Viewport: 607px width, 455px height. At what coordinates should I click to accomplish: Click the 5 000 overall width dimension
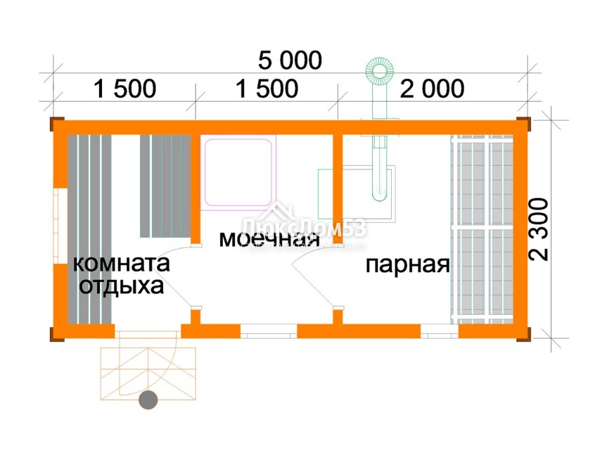[290, 60]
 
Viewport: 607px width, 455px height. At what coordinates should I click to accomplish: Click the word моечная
[269, 239]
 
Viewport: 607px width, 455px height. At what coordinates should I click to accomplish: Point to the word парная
[407, 265]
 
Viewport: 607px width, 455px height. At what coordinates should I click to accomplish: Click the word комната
[121, 263]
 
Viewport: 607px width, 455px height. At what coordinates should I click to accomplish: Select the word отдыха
[122, 286]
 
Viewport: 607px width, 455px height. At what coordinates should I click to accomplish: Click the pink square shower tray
[239, 172]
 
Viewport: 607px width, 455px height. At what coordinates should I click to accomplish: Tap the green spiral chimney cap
[379, 71]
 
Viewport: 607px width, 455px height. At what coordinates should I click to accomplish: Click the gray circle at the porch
[148, 400]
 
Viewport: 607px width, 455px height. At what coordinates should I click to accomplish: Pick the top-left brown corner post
[57, 124]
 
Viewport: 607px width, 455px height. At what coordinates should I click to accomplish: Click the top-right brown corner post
[523, 124]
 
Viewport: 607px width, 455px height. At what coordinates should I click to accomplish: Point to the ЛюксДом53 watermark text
[304, 227]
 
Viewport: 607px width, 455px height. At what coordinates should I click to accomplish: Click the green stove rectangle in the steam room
[356, 193]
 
